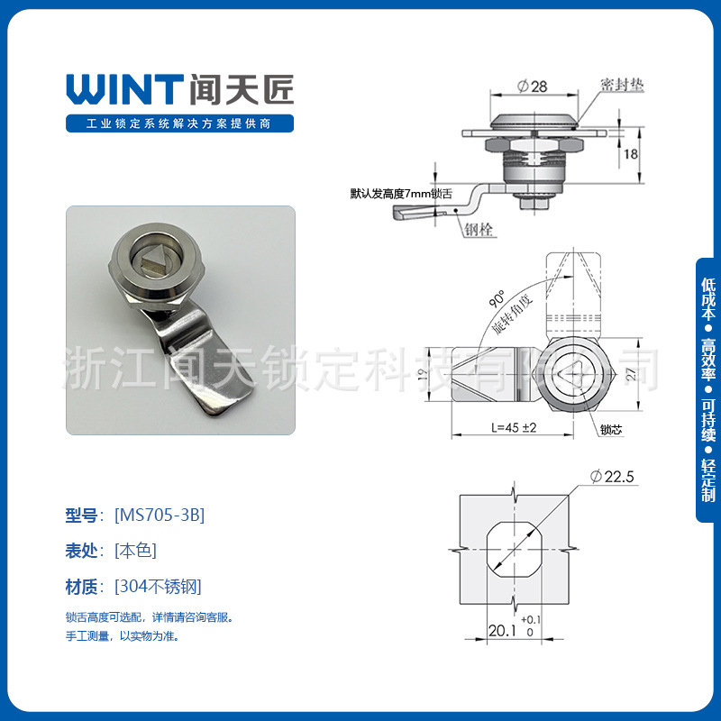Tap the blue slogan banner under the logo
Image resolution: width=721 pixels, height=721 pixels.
[x=181, y=123]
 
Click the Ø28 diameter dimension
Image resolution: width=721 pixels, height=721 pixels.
[x=534, y=87]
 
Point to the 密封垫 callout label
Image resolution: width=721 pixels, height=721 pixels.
[x=621, y=85]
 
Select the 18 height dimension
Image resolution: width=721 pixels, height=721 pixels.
[x=631, y=154]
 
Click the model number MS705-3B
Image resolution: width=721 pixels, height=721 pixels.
[x=160, y=516]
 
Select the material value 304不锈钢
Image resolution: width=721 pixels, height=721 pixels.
[x=158, y=586]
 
